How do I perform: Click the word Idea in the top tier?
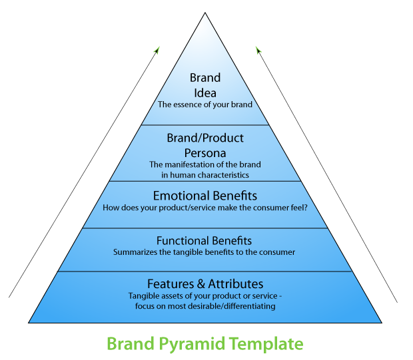tap(205, 93)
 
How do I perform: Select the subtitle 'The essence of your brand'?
tap(205, 104)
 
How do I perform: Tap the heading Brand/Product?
tap(205, 138)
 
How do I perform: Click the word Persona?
tap(205, 153)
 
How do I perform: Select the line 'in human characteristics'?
tap(205, 175)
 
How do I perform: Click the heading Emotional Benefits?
tap(205, 196)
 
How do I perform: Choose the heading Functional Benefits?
tap(204, 241)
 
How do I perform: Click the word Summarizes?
tap(135, 252)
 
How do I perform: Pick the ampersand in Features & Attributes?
tap(201, 284)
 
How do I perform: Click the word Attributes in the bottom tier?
tap(236, 284)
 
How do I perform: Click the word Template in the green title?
tap(266, 343)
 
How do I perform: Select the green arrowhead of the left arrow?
tap(157, 50)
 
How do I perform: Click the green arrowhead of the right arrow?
tap(258, 50)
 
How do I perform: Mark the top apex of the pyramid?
tap(205, 13)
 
